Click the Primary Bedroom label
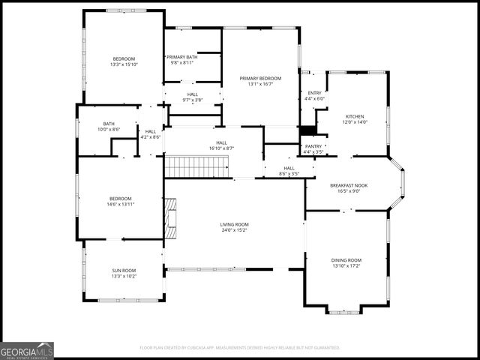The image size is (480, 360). (260, 78)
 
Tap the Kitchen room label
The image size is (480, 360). (354, 116)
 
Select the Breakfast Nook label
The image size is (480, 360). (349, 184)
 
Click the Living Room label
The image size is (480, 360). (234, 224)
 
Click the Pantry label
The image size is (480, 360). (313, 146)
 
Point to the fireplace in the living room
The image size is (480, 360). (170, 218)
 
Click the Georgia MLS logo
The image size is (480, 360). (27, 350)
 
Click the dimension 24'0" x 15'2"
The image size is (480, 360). (234, 230)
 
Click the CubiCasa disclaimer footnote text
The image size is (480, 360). (239, 348)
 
